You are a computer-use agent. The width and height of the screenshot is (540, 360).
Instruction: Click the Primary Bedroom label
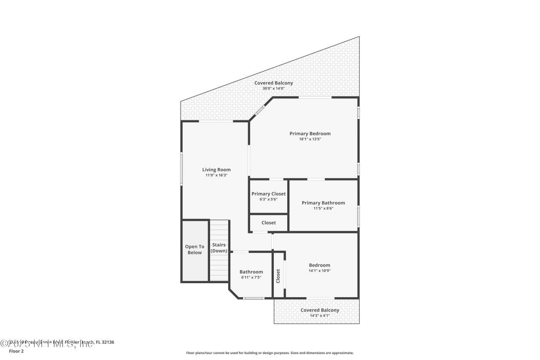(310, 133)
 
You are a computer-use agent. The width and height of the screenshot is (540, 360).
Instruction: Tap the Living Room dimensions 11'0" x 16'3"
(216, 175)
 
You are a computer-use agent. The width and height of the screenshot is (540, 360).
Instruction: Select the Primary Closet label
(268, 194)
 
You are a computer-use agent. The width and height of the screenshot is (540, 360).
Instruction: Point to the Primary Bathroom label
(323, 203)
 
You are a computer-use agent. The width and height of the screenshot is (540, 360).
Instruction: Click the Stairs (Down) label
(219, 248)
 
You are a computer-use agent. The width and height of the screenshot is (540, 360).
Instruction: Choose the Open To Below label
(194, 249)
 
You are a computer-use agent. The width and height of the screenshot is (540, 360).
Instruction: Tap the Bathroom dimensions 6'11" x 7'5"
(251, 277)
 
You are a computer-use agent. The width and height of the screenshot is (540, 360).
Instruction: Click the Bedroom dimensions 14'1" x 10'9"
(319, 271)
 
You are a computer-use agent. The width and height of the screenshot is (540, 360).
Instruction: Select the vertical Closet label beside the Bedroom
(278, 276)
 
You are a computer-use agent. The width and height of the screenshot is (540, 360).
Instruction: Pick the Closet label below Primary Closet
(268, 222)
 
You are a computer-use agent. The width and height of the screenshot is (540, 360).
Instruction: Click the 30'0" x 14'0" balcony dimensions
(273, 88)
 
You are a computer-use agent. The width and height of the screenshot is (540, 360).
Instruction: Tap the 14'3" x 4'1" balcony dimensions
(319, 315)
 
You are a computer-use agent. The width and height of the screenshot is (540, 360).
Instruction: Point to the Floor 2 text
(16, 351)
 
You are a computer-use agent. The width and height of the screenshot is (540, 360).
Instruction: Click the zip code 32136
(107, 342)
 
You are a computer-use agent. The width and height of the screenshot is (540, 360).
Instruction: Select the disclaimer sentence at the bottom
(270, 353)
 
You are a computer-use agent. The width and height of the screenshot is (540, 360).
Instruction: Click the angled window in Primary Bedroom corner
(259, 111)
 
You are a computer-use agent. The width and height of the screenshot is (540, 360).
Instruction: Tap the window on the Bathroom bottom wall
(254, 298)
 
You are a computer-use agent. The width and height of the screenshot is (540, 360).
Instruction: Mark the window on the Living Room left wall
(181, 168)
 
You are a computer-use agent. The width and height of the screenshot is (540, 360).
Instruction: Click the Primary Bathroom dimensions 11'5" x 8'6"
(323, 208)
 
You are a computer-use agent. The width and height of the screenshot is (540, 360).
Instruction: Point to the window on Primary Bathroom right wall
(359, 215)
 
